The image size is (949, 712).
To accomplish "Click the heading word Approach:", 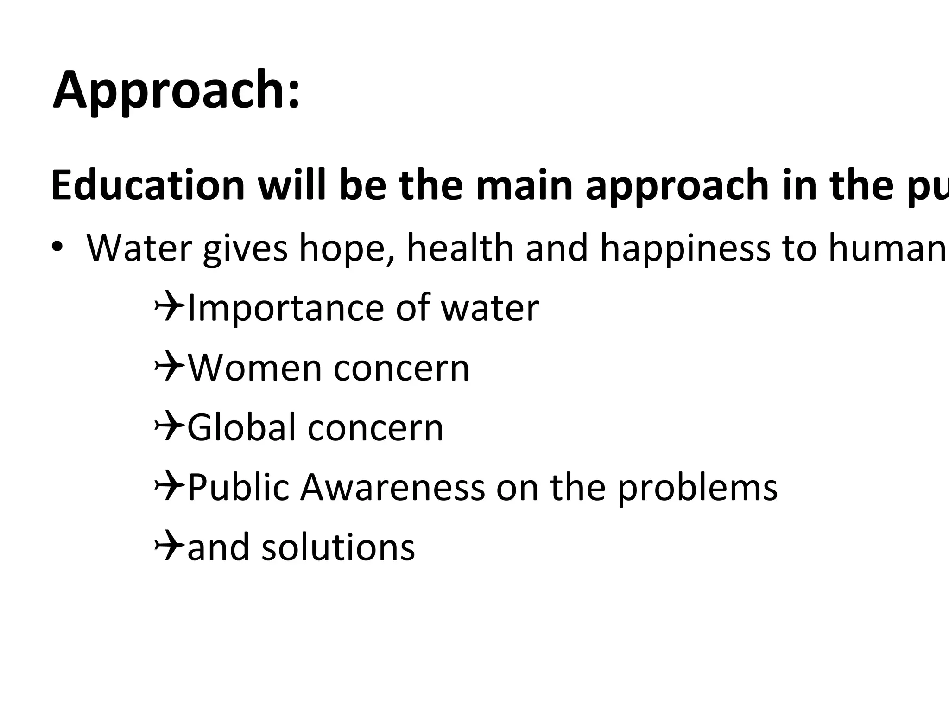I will tap(176, 90).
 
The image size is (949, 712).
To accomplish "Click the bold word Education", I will tap(147, 185).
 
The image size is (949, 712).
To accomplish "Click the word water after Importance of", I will tap(490, 309).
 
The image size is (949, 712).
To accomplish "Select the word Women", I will tap(254, 368).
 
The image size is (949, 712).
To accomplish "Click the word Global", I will tap(241, 427).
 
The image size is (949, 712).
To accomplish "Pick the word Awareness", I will tap(392, 488).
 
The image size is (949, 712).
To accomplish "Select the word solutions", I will tap(338, 547).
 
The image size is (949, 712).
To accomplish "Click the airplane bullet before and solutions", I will tap(169, 547).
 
